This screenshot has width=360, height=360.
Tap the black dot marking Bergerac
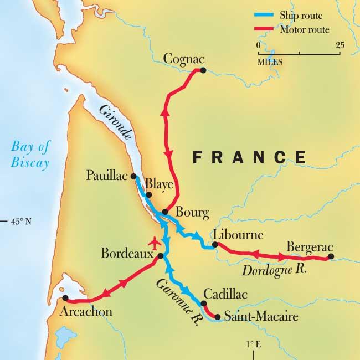pos(331,256)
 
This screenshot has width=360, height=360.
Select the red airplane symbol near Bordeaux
pos(155,243)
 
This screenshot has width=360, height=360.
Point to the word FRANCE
pos(249,157)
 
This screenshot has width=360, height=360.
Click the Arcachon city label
pos(87,312)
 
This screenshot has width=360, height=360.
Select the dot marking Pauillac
pos(133,177)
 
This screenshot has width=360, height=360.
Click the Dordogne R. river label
pos(275,271)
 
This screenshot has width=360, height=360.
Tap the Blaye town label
pos(160,184)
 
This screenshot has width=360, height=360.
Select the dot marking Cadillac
pos(204,303)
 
